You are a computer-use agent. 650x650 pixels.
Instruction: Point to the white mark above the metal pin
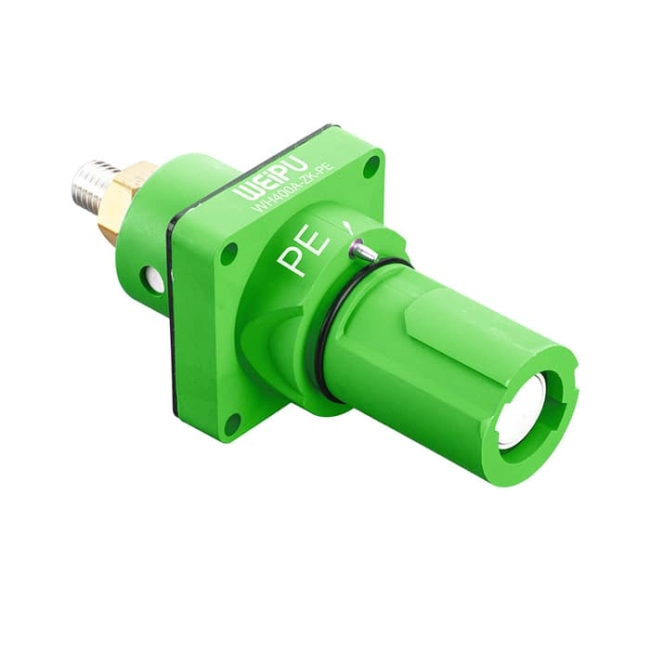pos(347,227)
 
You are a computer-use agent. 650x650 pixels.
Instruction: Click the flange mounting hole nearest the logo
pos(370,167)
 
